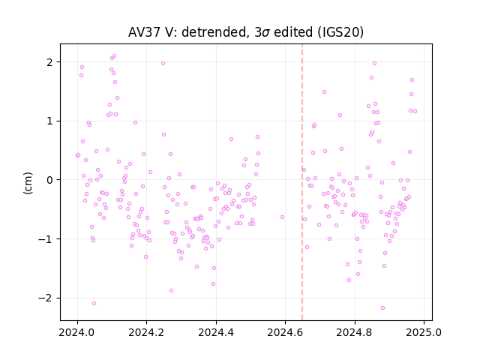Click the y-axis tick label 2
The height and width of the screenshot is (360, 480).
pos(49,62)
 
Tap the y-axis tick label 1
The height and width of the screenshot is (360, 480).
pos(49,121)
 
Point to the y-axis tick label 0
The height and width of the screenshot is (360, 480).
pos(49,180)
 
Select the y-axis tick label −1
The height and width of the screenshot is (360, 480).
pos(46,239)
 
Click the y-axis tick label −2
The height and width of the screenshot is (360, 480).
pos(46,298)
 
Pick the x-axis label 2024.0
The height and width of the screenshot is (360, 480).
pos(77,332)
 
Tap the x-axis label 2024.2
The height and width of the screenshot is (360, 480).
pos(147,332)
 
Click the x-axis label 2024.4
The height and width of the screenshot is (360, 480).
pos(216,332)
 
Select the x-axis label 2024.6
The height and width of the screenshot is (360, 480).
pos(285,332)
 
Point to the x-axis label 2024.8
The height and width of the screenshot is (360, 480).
pos(355,332)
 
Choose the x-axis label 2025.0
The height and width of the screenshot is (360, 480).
pos(424,332)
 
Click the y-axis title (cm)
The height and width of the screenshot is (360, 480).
pos(28,183)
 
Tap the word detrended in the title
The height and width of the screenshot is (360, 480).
pos(214,32)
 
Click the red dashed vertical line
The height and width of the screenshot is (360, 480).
pos(302,182)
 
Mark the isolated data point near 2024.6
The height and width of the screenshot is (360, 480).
pos(282,217)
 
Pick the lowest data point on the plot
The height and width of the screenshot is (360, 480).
pos(382,308)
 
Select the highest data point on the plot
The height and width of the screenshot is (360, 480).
pos(114,56)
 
